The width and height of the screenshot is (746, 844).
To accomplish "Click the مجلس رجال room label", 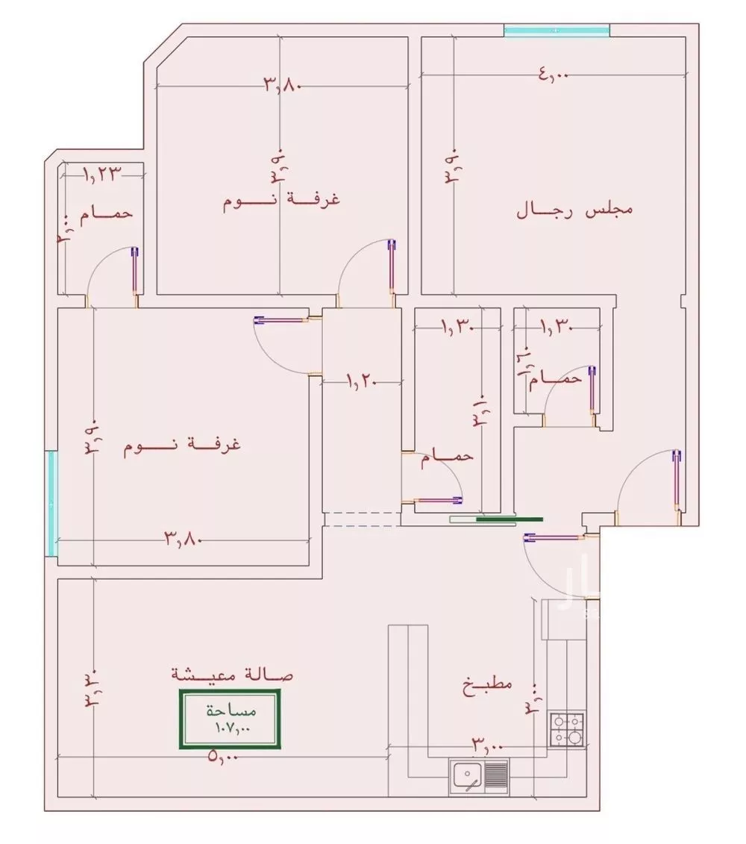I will pos(574,210).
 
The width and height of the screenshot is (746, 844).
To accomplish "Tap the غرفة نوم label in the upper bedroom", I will pos(282,201).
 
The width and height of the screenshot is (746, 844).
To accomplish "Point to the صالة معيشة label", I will pos(232,674).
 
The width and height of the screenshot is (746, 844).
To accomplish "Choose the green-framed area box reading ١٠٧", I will pos(229,719).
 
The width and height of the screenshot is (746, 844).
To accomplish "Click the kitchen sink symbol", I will pos(478,776).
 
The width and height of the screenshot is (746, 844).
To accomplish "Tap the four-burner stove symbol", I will pos(568,730).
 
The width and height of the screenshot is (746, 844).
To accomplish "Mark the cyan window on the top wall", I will pos(557,31).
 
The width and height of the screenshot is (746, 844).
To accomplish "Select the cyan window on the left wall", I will pos(51,503).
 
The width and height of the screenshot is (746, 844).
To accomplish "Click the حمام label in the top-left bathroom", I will pos(107,213).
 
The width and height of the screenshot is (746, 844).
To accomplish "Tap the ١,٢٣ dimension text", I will pos(101,174).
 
